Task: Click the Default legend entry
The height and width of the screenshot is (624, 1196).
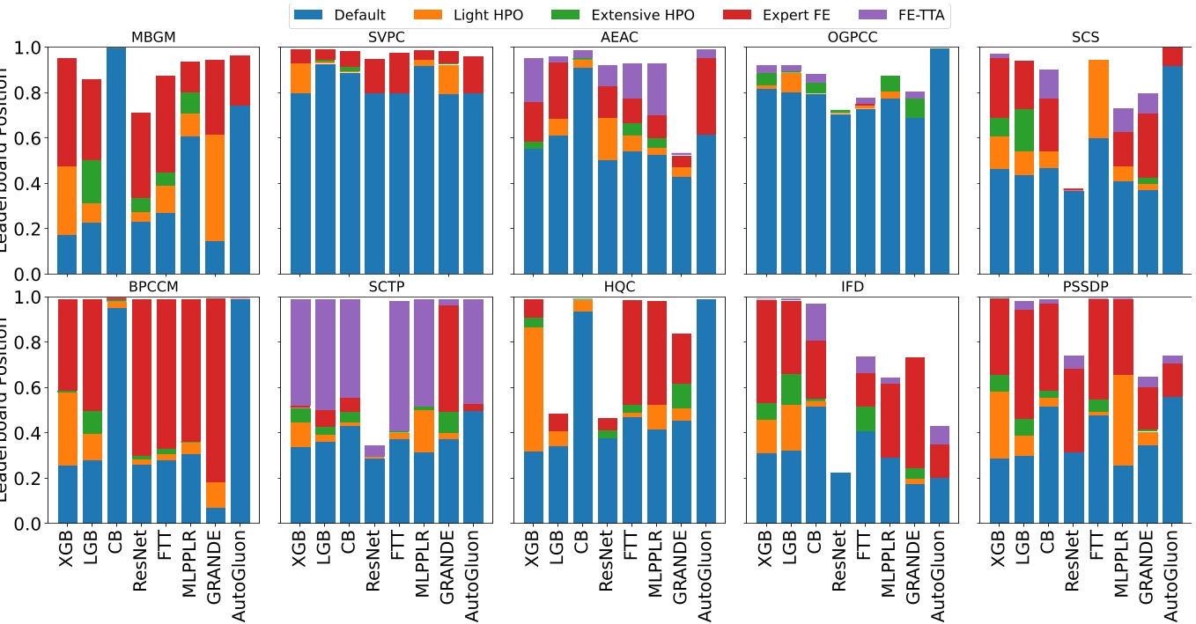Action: point(339,15)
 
